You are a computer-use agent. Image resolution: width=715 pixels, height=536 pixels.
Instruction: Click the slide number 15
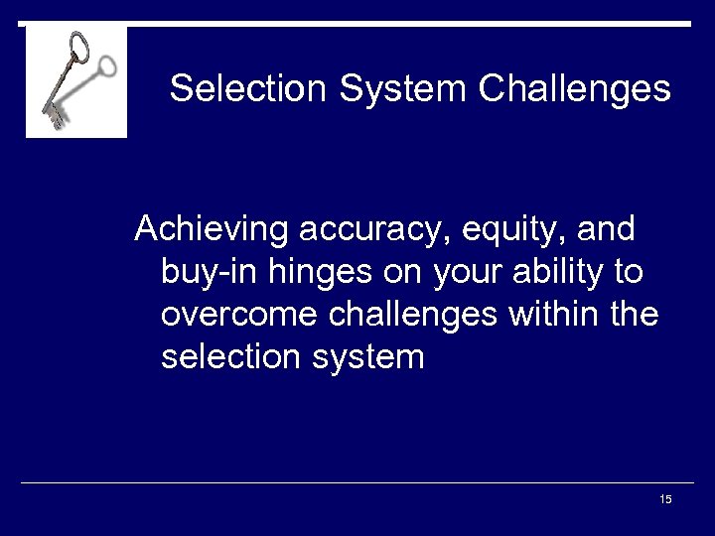[665, 498]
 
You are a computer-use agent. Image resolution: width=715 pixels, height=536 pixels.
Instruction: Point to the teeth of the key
[54, 118]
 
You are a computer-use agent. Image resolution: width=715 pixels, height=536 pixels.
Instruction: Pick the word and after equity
[605, 229]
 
